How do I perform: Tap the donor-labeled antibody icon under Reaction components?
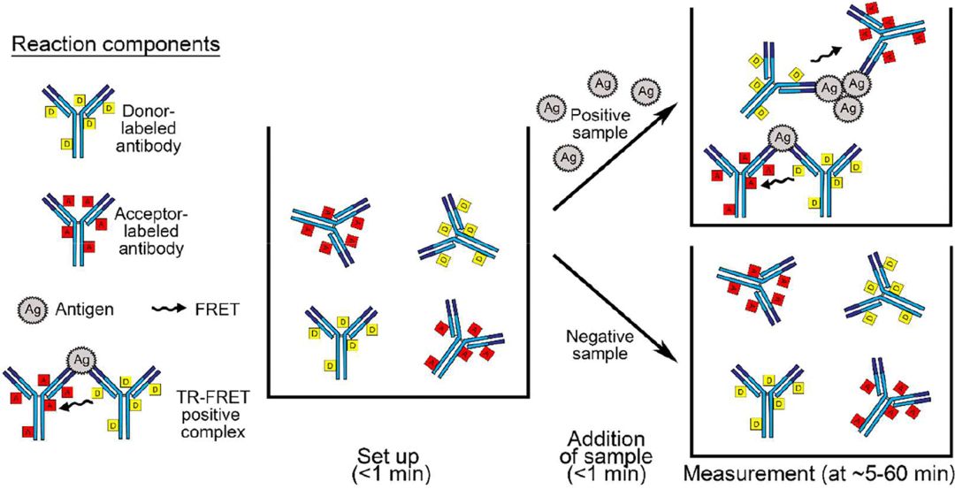[79, 118]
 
